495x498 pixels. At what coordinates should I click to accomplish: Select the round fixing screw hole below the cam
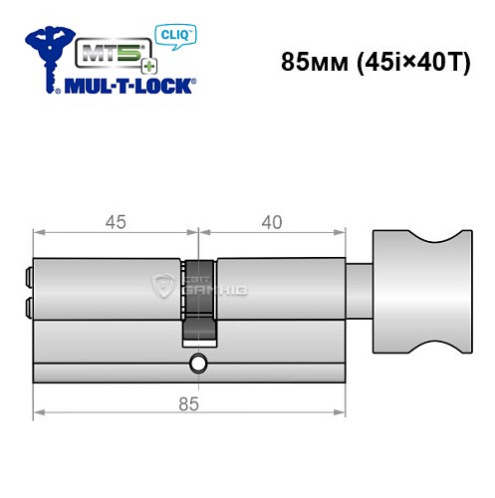199,365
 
